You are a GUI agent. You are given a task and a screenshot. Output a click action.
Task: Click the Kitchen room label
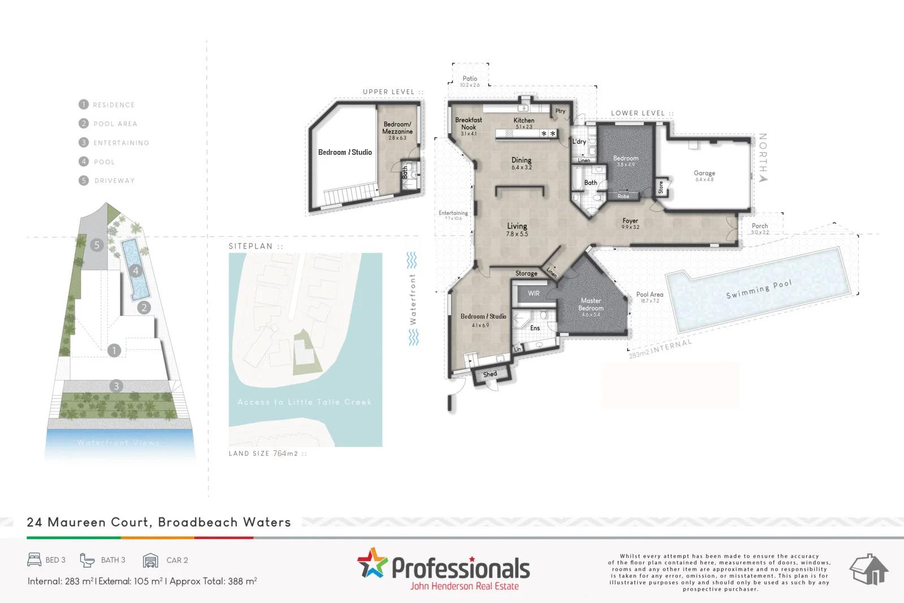click(x=524, y=120)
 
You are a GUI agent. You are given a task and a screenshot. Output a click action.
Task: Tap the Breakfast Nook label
click(x=468, y=124)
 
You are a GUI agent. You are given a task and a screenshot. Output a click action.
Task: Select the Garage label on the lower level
click(x=704, y=173)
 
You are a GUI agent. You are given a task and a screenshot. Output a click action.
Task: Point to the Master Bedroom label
click(x=591, y=305)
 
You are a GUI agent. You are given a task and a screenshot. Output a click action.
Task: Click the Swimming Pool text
click(x=759, y=289)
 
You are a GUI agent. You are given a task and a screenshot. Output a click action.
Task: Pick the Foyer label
click(x=630, y=221)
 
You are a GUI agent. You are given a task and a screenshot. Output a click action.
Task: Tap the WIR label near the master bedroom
click(x=533, y=293)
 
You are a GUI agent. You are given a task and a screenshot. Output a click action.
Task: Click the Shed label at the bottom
click(x=490, y=374)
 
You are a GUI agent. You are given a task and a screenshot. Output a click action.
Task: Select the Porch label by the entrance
click(x=759, y=226)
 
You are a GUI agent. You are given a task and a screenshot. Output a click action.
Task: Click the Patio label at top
click(x=470, y=79)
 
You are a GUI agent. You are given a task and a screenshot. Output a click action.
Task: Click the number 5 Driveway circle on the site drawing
click(x=97, y=245)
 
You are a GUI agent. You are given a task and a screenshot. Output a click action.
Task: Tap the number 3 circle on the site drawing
click(x=116, y=386)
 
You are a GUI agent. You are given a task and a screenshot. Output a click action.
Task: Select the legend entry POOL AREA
click(x=115, y=124)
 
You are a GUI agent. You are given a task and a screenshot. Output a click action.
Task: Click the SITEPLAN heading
click(x=250, y=246)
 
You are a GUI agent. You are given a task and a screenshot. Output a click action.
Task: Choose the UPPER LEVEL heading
click(x=389, y=92)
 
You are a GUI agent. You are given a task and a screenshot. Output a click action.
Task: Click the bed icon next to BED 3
click(x=34, y=559)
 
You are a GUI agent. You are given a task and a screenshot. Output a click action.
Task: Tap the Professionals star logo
click(x=372, y=563)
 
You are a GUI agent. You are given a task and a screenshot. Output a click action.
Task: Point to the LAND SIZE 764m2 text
click(x=263, y=453)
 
